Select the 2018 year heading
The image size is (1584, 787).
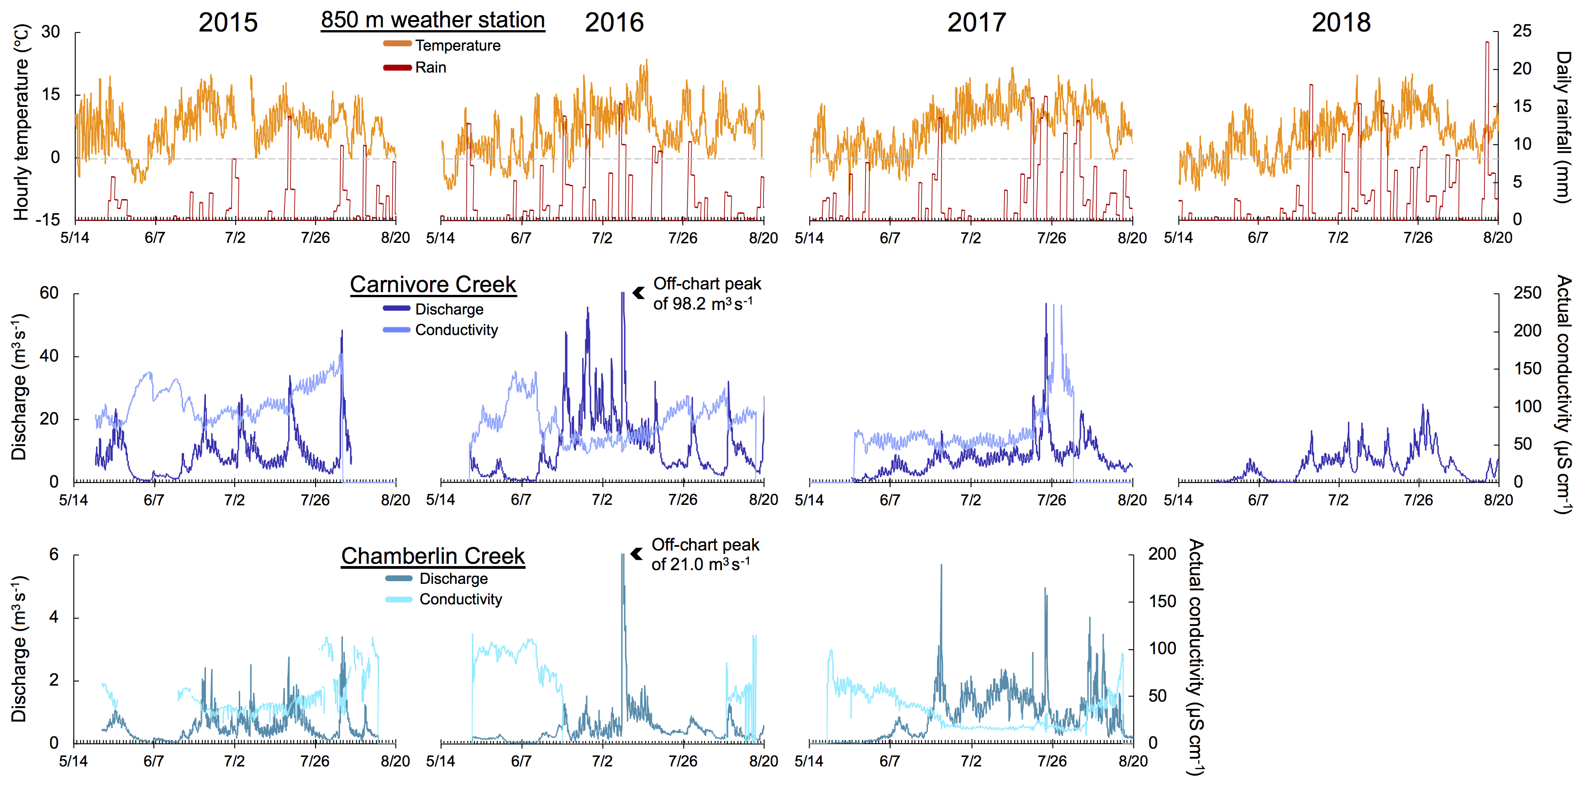click(1341, 23)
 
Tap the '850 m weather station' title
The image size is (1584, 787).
click(433, 20)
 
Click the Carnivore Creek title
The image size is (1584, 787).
click(433, 285)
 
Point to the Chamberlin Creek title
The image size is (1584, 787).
click(433, 556)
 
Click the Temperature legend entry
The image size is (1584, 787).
click(458, 46)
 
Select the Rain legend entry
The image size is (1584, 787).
click(431, 68)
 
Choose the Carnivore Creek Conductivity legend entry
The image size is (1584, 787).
click(456, 330)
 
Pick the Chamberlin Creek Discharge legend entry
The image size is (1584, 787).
click(453, 578)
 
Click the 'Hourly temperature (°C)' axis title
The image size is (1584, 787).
click(21, 122)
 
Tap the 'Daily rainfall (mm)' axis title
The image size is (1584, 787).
click(1563, 126)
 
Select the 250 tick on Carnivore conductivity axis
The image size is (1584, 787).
click(1527, 293)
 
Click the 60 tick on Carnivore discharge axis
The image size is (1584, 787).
click(49, 293)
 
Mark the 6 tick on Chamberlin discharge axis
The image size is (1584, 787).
click(54, 555)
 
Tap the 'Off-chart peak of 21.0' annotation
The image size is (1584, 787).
click(705, 555)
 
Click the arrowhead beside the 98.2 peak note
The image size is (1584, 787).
click(638, 293)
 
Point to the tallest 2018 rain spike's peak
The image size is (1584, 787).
click(1487, 42)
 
